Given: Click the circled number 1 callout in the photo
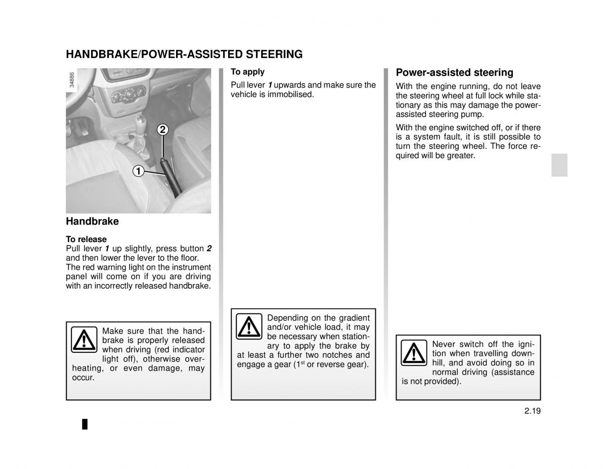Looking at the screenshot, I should pyautogui.click(x=138, y=171).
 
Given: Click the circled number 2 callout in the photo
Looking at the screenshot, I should pyautogui.click(x=162, y=129).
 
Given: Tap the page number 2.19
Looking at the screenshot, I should pyautogui.click(x=532, y=411).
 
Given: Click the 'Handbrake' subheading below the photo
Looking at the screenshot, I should pyautogui.click(x=92, y=221).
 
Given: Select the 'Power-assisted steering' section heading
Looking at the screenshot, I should pyautogui.click(x=454, y=72).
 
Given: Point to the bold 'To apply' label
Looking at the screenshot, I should pyautogui.click(x=247, y=72).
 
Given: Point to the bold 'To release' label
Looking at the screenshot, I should pyautogui.click(x=86, y=239).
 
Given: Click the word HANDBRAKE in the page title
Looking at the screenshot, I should pyautogui.click(x=101, y=54).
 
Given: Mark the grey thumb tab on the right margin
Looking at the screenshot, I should pyautogui.click(x=559, y=164).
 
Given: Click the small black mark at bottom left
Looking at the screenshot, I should pyautogui.click(x=85, y=424).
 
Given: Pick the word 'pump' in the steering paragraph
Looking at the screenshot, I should pyautogui.click(x=473, y=115).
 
